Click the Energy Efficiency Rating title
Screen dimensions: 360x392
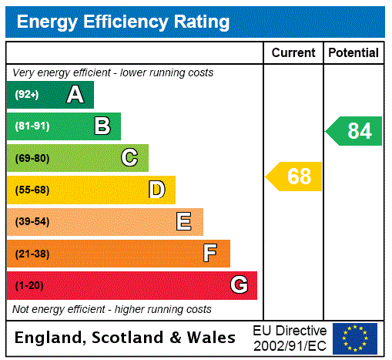pyautogui.click(x=123, y=22)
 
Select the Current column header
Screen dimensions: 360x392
pyautogui.click(x=293, y=52)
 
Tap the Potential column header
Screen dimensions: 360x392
pyautogui.click(x=353, y=52)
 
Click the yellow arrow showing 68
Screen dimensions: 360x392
pyautogui.click(x=295, y=177)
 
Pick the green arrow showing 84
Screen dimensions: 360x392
pyautogui.click(x=354, y=131)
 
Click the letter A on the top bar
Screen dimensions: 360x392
pyautogui.click(x=75, y=95)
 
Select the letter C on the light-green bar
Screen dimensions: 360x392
pyautogui.click(x=129, y=158)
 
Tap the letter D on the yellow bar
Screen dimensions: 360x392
pyautogui.click(x=156, y=190)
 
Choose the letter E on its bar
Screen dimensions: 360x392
pyautogui.click(x=184, y=222)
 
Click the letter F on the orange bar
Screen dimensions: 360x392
pyautogui.click(x=210, y=253)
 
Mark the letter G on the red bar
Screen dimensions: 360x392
pyautogui.click(x=239, y=285)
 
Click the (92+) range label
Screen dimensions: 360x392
pyautogui.click(x=27, y=95)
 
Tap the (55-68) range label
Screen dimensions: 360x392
pyautogui.click(x=32, y=190)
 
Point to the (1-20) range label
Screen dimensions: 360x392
pyautogui.click(x=29, y=285)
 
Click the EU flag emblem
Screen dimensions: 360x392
pyautogui.click(x=354, y=338)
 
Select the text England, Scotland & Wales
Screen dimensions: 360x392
pyautogui.click(x=126, y=338)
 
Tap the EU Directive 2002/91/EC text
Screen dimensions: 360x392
pyautogui.click(x=290, y=338)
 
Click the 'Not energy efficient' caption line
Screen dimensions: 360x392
pyautogui.click(x=112, y=309)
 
